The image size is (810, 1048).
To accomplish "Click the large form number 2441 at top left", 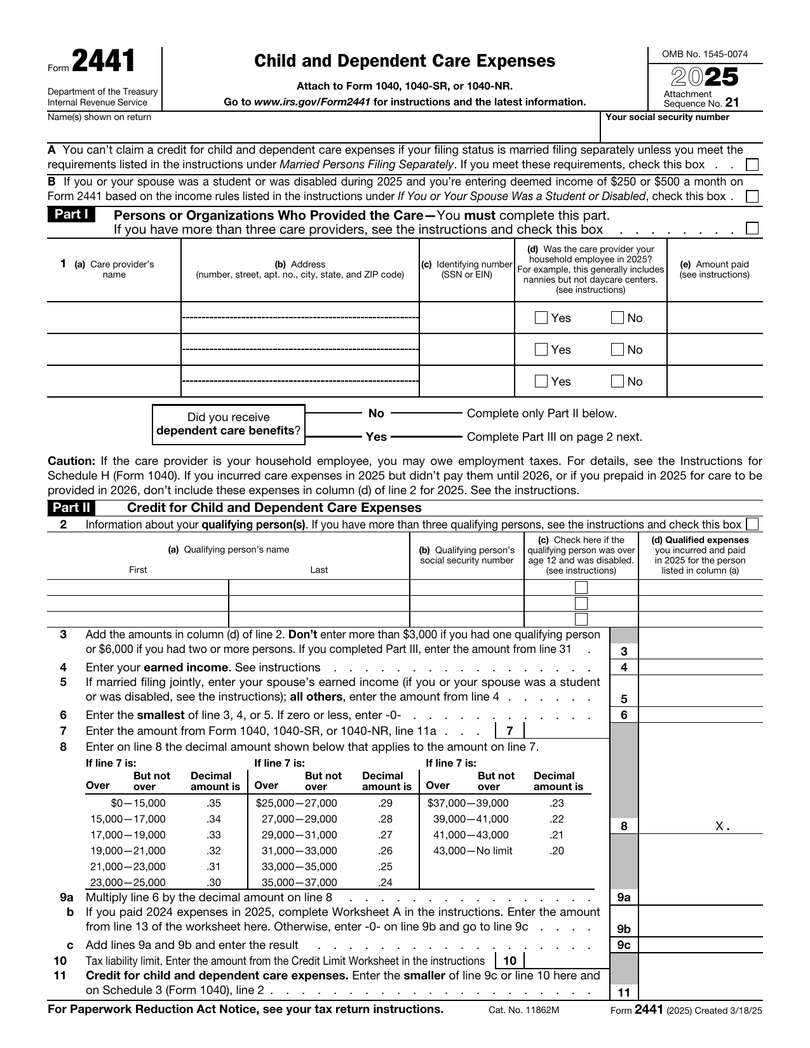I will (x=104, y=62).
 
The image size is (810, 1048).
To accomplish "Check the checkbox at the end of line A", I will (x=752, y=165).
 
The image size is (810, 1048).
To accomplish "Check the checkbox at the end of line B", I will (x=752, y=197).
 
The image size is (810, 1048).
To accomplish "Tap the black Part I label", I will (x=71, y=215).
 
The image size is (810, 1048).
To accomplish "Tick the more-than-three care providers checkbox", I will (x=752, y=229).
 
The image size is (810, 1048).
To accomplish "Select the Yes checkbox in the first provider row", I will (x=541, y=318).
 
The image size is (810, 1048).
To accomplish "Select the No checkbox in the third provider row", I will (x=617, y=382).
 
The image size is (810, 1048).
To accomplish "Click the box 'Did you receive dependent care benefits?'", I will (x=229, y=424).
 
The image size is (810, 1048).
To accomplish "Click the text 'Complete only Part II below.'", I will (x=542, y=413).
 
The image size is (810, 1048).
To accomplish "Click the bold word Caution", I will (x=71, y=461).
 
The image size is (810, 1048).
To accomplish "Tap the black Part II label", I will (x=71, y=507).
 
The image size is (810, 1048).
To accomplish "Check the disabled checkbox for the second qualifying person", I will (x=581, y=603).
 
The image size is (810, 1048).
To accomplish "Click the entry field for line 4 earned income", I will (x=700, y=667).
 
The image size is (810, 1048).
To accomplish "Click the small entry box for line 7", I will (x=565, y=730).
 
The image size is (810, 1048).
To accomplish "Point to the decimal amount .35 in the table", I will (x=214, y=803).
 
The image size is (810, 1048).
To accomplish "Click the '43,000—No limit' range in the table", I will (x=473, y=851).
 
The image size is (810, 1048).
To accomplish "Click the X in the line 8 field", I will (x=719, y=826).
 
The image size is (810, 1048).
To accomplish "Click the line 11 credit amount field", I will (x=700, y=992).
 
